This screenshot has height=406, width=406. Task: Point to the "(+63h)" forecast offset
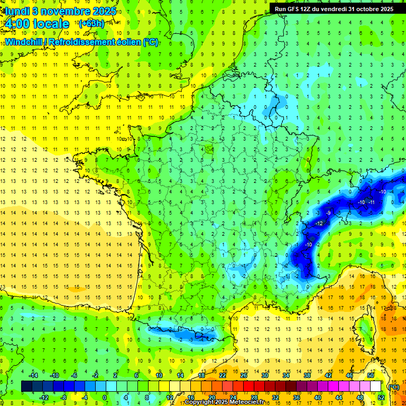pyautogui.click(x=91, y=23)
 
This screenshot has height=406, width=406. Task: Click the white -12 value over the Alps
pyautogui.click(x=319, y=224)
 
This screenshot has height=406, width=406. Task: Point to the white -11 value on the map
pyautogui.click(x=372, y=202)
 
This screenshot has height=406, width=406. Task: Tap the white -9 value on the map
pyautogui.click(x=328, y=213)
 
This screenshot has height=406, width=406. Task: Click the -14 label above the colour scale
pyautogui.click(x=34, y=375)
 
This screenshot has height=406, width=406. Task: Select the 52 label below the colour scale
pyautogui.click(x=380, y=398)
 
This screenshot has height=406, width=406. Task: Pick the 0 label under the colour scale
pyautogui.click(x=105, y=398)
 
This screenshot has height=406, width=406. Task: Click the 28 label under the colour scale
pyautogui.click(x=254, y=398)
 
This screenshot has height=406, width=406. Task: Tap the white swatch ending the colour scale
pyautogui.click(x=375, y=386)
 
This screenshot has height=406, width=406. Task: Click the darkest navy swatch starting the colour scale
pyautogui.click(x=26, y=386)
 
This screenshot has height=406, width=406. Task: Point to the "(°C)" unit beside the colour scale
pyautogui.click(x=393, y=387)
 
